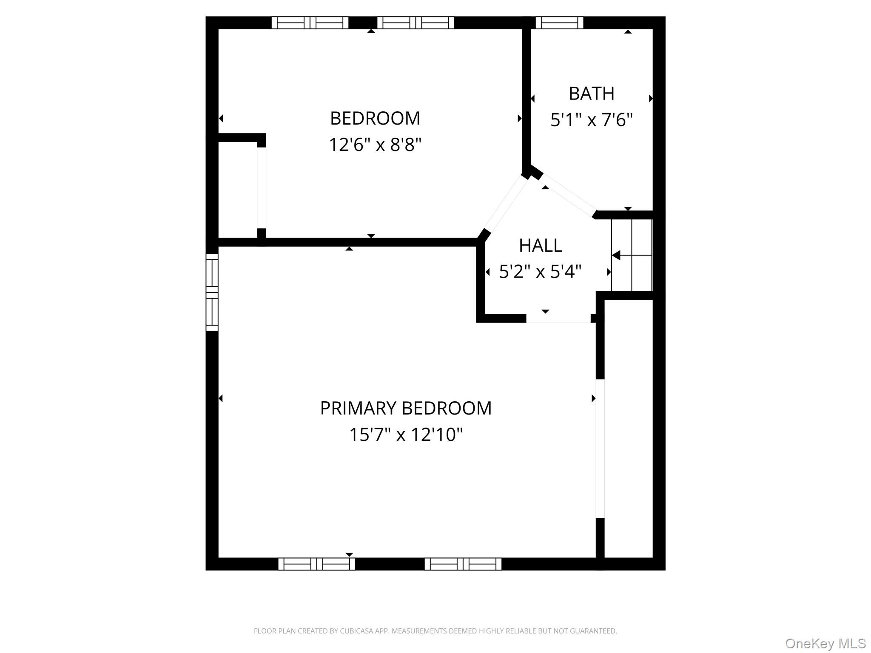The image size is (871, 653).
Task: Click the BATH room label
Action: (592, 94)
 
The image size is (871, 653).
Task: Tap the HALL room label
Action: (541, 245)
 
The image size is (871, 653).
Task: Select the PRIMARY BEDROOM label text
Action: (406, 408)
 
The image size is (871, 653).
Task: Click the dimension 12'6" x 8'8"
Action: (375, 145)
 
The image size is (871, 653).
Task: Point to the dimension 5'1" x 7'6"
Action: (592, 120)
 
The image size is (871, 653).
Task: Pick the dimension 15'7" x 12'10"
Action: (406, 434)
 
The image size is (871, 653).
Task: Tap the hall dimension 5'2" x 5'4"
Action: (540, 271)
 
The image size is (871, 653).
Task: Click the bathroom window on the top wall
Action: (559, 23)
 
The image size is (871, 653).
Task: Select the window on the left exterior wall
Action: (212, 292)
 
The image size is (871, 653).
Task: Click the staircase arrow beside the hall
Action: (632, 256)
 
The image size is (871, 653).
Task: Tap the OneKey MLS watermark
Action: (825, 643)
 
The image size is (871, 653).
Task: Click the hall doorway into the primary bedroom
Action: (558, 319)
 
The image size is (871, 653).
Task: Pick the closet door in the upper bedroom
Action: (262, 188)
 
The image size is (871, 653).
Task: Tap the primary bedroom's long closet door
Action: (600, 449)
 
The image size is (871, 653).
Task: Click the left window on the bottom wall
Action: (316, 564)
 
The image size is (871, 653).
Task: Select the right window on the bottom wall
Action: (463, 564)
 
